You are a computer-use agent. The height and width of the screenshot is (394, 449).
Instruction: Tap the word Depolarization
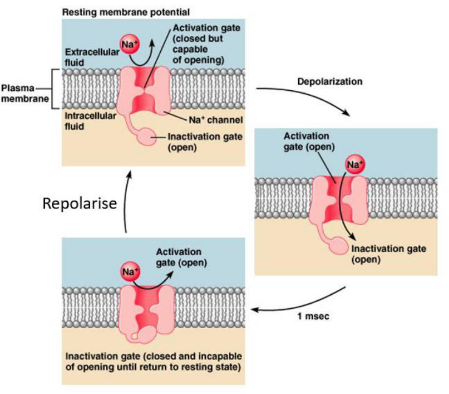[x=330, y=81]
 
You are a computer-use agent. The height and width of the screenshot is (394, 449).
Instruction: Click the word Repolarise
[x=80, y=203]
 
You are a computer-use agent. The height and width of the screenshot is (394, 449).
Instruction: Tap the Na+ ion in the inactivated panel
[x=129, y=273]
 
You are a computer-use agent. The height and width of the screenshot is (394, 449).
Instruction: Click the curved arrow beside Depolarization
[x=303, y=100]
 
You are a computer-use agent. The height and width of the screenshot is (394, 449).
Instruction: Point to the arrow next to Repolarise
[x=129, y=201]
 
